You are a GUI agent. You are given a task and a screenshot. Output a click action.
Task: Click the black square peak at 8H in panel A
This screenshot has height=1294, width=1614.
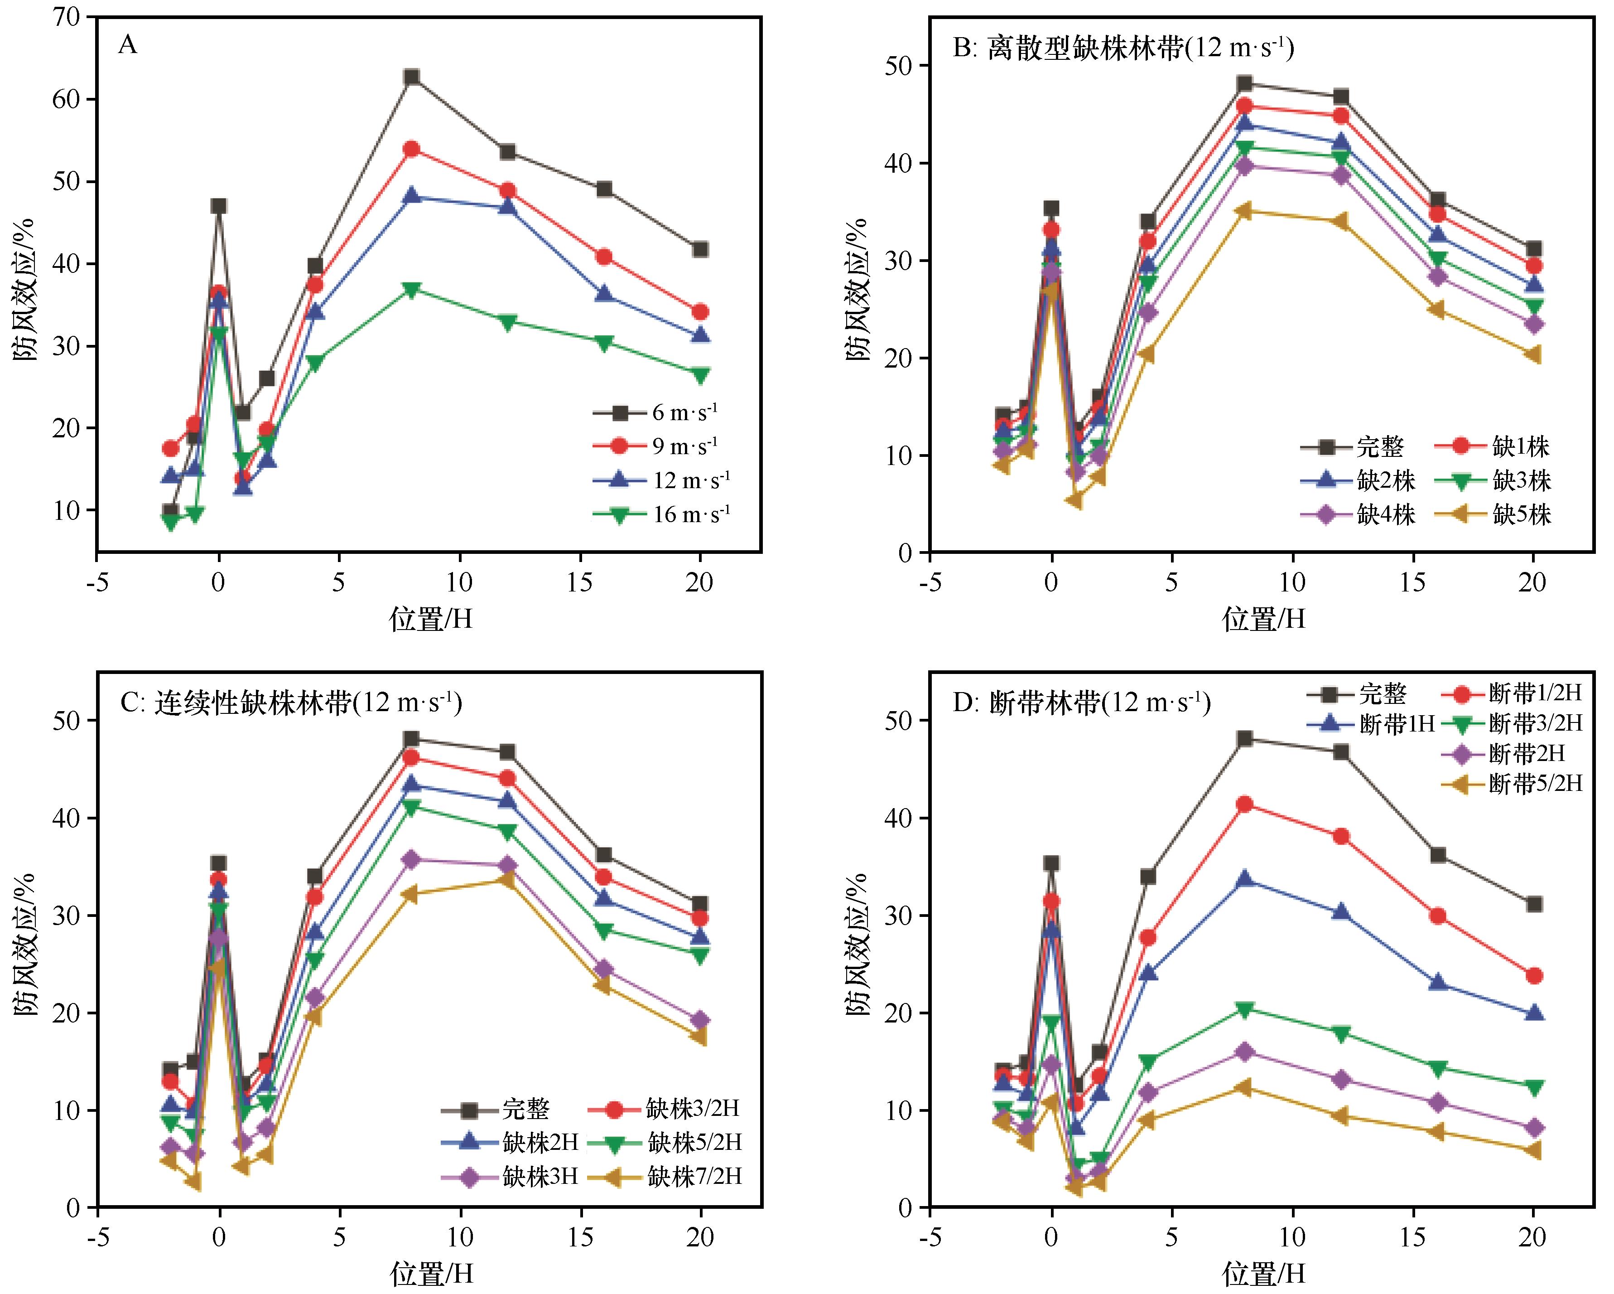[411, 77]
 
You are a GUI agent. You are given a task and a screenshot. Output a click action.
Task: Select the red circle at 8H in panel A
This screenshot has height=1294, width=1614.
[411, 149]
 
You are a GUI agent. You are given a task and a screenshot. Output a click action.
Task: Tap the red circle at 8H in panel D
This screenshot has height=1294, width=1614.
[1244, 805]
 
